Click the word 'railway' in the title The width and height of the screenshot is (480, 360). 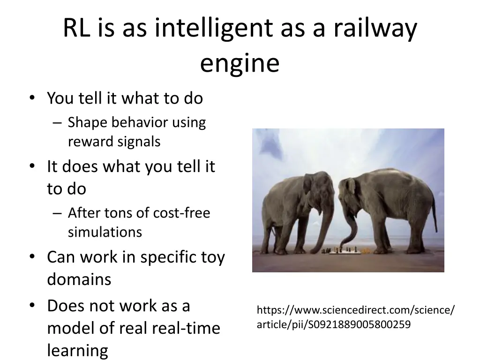click(x=375, y=29)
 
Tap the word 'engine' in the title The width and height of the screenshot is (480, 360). click(x=240, y=64)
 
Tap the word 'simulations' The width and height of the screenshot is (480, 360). click(x=105, y=232)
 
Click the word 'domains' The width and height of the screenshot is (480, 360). click(x=79, y=279)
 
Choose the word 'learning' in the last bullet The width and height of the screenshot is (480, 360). click(x=77, y=350)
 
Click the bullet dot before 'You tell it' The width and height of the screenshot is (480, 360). click(x=31, y=98)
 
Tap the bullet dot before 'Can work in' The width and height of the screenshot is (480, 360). click(x=31, y=257)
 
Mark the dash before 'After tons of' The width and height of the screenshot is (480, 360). click(x=57, y=213)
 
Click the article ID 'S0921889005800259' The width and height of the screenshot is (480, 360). click(x=359, y=324)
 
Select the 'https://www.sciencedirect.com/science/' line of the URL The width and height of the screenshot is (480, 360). click(x=355, y=310)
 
